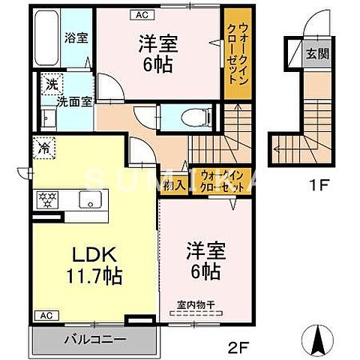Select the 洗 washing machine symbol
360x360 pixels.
point(51,84)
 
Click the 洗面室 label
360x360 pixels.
point(76,102)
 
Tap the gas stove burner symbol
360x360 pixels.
point(47,201)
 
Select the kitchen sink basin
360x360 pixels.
point(90,200)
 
